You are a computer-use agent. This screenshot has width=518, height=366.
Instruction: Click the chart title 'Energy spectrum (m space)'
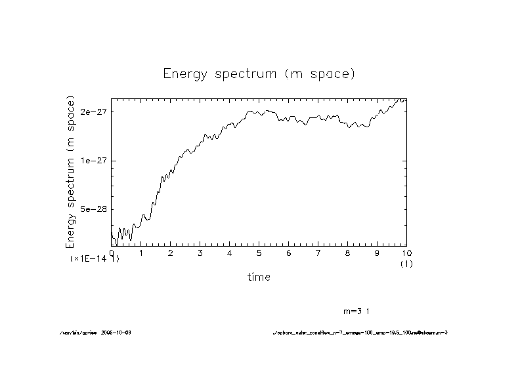point(259,74)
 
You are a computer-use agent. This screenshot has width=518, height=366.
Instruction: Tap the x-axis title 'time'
point(259,277)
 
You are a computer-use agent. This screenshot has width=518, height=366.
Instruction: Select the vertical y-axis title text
point(71,172)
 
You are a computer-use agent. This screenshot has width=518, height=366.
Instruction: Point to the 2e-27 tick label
point(93,112)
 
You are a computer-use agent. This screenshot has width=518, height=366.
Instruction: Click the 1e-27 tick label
point(93,161)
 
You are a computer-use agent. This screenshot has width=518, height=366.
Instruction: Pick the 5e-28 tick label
point(93,209)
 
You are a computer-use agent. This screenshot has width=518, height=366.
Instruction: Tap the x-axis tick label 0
point(112,253)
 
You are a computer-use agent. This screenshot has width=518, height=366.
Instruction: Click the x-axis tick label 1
point(141,253)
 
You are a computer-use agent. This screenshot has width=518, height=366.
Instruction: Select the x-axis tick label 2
point(171,253)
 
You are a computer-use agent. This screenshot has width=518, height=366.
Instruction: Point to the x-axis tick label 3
point(200,253)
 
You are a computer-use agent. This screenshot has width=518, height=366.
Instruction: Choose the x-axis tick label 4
point(230,253)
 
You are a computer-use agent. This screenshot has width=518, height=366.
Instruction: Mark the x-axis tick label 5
point(259,253)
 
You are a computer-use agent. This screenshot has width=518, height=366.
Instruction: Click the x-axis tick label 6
point(289,253)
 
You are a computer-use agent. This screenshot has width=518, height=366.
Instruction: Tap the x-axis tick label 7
point(318,253)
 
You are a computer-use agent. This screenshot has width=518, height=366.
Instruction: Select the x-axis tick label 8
point(348,253)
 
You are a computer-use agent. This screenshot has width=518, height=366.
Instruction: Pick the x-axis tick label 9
point(378,253)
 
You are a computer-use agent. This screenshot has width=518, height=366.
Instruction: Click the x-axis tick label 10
point(406,253)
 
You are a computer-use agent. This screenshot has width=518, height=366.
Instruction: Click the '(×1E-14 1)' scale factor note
point(95,259)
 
